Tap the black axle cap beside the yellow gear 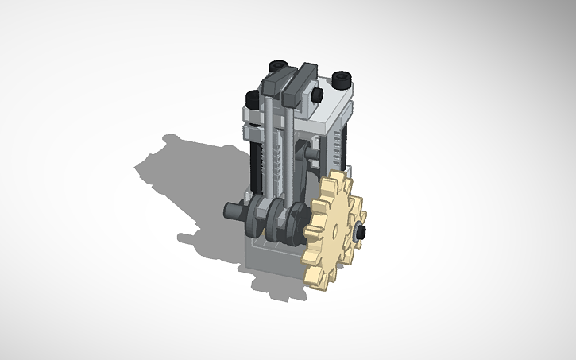pos(360,232)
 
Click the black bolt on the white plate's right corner pos(342,79)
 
